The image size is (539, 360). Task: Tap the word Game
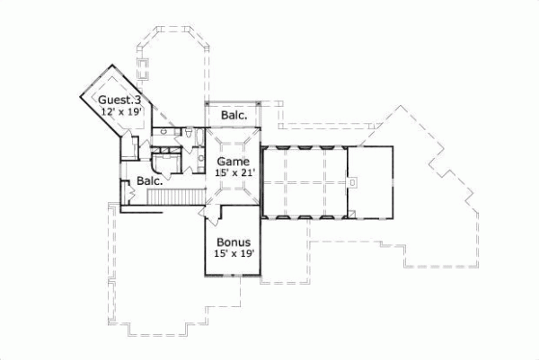232,162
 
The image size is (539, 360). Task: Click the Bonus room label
232,243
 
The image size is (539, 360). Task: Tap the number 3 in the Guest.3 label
139,100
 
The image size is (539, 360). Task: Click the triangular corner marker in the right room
356,213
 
